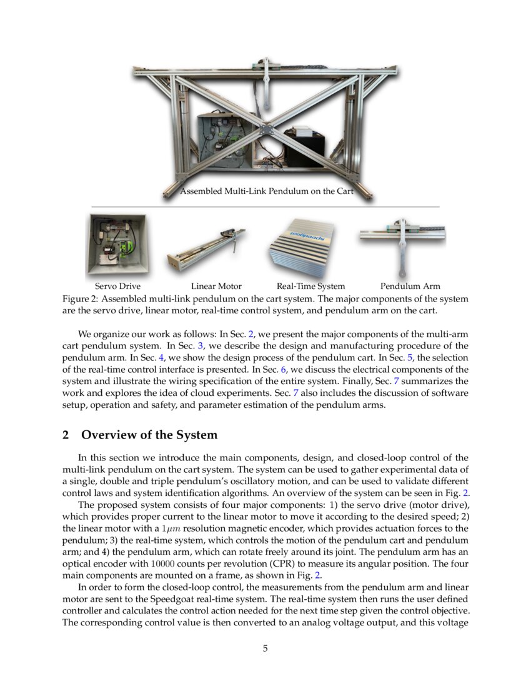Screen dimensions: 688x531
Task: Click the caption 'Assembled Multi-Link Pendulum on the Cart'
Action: point(267,191)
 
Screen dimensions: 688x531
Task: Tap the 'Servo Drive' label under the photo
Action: point(117,286)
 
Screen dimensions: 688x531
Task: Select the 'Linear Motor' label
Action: point(216,286)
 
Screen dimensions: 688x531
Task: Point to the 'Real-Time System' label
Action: point(310,286)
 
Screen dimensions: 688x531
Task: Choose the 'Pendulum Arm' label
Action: point(410,286)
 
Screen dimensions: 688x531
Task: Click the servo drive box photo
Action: point(117,245)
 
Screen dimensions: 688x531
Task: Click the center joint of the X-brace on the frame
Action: point(265,130)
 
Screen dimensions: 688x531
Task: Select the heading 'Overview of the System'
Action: point(149,435)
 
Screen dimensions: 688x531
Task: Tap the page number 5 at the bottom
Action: point(265,648)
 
